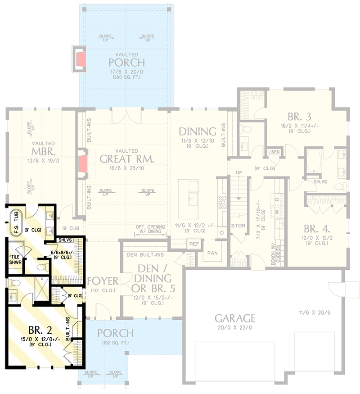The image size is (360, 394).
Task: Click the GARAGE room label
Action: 234,318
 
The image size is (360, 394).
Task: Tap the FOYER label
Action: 103,281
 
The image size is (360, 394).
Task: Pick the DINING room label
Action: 198,131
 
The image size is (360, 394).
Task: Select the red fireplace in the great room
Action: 83,164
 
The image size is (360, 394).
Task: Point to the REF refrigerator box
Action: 194,244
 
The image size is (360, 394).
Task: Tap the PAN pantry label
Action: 212,253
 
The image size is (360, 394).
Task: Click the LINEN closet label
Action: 274,152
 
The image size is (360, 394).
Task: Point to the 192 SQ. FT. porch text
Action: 115,343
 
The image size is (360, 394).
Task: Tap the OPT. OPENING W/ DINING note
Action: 150,229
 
